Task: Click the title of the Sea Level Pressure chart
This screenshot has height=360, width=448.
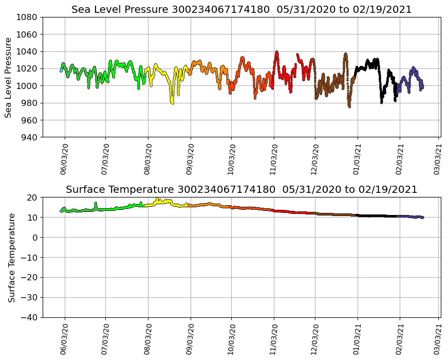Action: pyautogui.click(x=241, y=10)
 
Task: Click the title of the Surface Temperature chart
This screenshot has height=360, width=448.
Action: pyautogui.click(x=241, y=190)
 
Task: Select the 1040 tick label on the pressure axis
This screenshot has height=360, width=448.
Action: pyautogui.click(x=28, y=51)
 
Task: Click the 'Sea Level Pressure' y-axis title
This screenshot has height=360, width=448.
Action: pyautogui.click(x=9, y=77)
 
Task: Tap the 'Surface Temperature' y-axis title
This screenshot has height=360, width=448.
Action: pyautogui.click(x=11, y=257)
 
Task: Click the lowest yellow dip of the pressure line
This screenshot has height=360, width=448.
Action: pyautogui.click(x=172, y=103)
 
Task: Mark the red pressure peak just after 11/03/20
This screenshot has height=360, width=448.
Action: pyautogui.click(x=276, y=52)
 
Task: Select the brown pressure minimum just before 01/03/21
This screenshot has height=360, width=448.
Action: pyautogui.click(x=349, y=106)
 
